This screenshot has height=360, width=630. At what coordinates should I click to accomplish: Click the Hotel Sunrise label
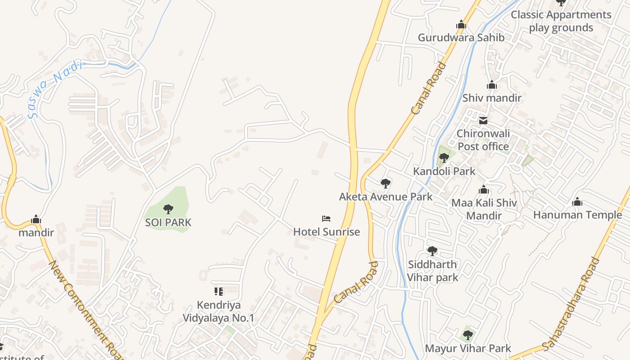coord(327,232)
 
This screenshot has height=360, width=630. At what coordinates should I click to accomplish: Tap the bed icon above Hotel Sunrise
coord(327,219)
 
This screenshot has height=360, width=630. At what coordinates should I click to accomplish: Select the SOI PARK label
coord(168,222)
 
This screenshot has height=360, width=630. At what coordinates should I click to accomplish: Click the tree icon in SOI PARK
coord(168,209)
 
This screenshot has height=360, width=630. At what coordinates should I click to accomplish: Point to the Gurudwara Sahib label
coord(461,37)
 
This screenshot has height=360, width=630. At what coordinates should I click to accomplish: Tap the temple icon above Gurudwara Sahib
coord(461,24)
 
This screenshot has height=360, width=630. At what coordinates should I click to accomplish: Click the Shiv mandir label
coord(492,98)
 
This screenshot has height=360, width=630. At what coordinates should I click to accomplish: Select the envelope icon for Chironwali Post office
coord(483,120)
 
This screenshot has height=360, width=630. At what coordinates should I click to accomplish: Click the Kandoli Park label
coord(444,171)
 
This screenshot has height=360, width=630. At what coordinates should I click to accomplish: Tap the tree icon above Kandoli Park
coord(444,158)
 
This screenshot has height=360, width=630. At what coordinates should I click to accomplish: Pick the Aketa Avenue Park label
coord(386,197)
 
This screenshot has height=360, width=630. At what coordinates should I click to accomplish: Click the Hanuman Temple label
coord(577,215)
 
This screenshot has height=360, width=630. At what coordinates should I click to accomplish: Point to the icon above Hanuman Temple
coord(577,202)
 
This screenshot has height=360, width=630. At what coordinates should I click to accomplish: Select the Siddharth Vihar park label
coord(432,270)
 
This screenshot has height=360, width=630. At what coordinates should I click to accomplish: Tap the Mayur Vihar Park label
coord(468,348)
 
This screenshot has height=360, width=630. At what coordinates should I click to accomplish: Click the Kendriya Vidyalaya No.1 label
coord(218,311)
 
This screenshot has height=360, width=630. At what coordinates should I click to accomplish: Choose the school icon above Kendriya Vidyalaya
coord(218,292)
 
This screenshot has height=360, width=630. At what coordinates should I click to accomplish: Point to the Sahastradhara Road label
coord(572,304)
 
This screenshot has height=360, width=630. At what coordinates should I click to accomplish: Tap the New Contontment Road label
coord(85,310)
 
